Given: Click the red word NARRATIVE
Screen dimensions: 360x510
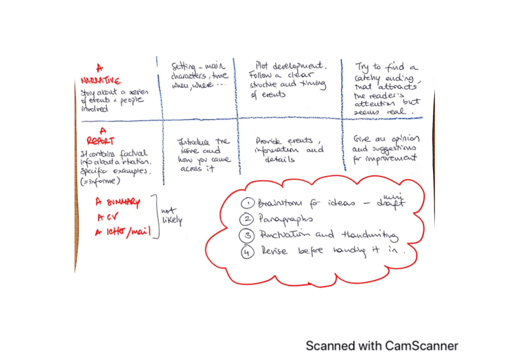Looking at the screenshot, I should pos(100,81).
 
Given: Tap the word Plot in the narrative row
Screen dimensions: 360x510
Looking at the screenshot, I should pos(262,64).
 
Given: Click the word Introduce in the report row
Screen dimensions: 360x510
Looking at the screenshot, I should pos(192,141).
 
